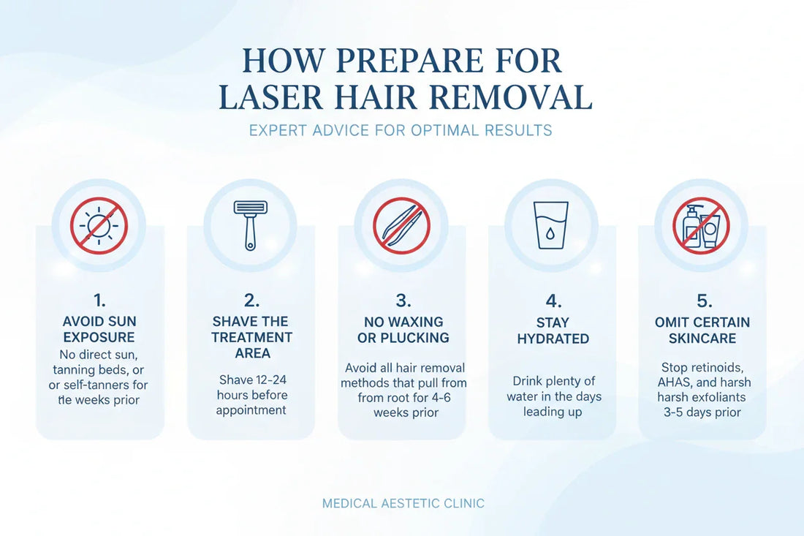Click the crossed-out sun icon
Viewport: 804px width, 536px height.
[x=99, y=226]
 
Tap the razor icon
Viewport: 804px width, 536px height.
[x=250, y=225]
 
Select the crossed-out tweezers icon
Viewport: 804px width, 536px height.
[x=401, y=226]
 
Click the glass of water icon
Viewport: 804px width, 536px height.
[x=550, y=225]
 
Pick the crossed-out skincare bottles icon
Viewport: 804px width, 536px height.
[x=701, y=226]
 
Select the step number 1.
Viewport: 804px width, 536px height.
[x=99, y=300]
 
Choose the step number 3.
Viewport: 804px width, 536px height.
[x=403, y=300]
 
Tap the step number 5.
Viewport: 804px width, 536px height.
[x=704, y=300]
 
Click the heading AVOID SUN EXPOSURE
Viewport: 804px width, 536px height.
[x=99, y=329]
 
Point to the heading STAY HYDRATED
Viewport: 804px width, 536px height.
[x=553, y=331]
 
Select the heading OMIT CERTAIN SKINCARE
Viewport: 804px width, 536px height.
[x=702, y=330]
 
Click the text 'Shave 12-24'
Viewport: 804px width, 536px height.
[x=252, y=380]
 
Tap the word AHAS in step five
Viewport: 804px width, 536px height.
[x=673, y=382]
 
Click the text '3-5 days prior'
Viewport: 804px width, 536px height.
[x=702, y=412]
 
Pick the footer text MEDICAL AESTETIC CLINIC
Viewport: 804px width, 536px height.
[x=403, y=503]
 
